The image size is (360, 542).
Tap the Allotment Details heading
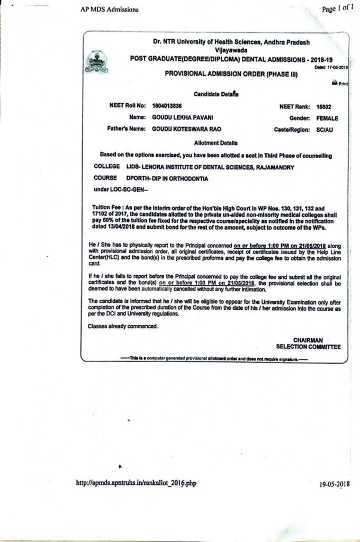(216, 143)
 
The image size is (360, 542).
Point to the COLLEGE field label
(106, 166)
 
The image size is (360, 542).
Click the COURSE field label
(105, 178)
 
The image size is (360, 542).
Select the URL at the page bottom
(136, 483)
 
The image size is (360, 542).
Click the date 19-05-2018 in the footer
(335, 484)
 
